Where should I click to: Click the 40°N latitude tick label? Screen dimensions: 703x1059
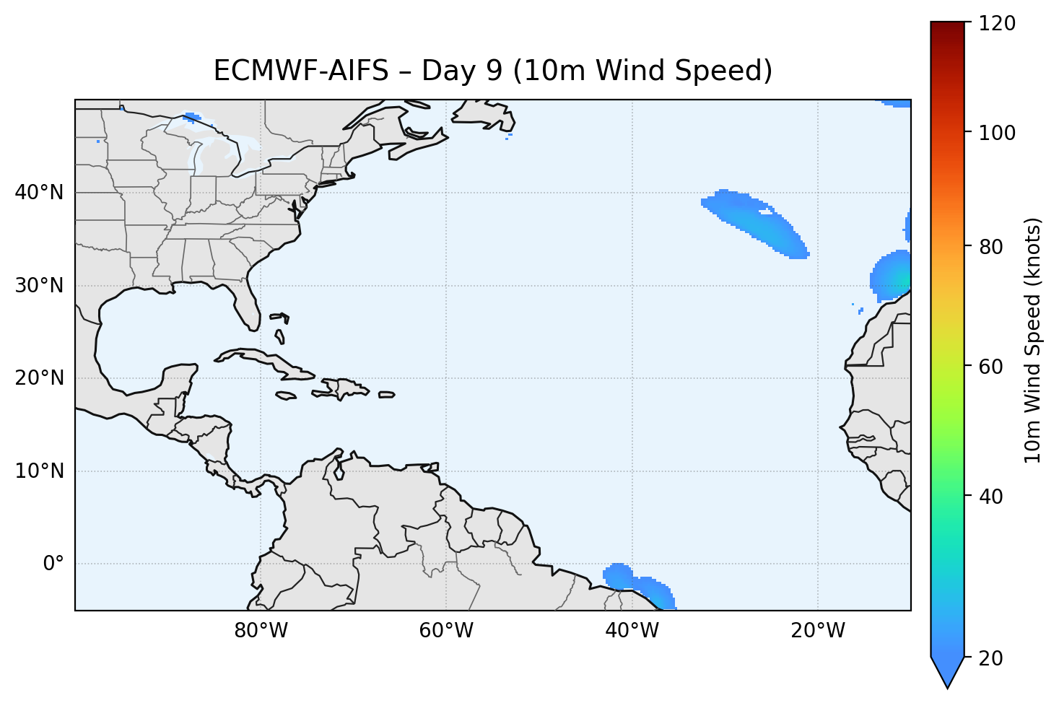(x=39, y=193)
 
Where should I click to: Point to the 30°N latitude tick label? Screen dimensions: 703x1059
(x=39, y=286)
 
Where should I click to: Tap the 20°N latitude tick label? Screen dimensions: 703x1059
(x=39, y=378)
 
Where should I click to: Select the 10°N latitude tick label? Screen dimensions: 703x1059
(x=39, y=471)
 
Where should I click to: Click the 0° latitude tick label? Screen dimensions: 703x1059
(x=53, y=564)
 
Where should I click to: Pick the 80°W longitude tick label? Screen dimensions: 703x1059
(x=261, y=631)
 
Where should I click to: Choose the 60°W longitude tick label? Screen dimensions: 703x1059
(x=446, y=631)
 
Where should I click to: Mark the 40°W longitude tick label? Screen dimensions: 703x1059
(x=632, y=631)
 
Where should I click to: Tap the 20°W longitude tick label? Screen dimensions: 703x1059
(x=817, y=631)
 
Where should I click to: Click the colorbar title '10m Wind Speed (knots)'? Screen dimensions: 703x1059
(x=1033, y=341)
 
